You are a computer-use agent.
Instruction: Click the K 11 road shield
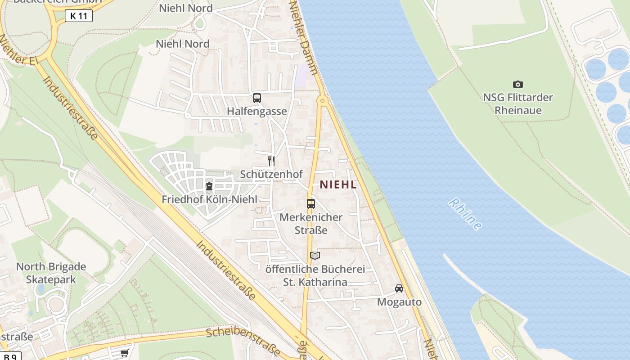tap(79, 16)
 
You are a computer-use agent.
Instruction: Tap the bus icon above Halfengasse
tap(257, 98)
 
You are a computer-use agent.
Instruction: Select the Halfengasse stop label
tap(256, 111)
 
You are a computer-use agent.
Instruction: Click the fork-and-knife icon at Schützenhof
tap(271, 161)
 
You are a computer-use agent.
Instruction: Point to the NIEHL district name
tap(338, 184)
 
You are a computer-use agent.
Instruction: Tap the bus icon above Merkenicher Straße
tap(310, 203)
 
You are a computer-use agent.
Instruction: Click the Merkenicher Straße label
tap(311, 224)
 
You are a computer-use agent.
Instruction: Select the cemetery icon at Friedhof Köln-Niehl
tap(209, 186)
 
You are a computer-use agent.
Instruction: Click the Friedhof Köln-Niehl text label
tap(209, 199)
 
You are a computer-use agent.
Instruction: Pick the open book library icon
tap(315, 256)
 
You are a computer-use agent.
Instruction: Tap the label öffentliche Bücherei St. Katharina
tap(315, 275)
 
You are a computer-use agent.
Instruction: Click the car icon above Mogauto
tap(399, 288)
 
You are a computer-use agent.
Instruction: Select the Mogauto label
tap(399, 302)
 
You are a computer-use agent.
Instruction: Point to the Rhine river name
tap(465, 214)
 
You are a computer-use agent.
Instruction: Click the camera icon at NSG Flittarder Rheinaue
tap(518, 84)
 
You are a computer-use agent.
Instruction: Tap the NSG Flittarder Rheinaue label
tap(518, 103)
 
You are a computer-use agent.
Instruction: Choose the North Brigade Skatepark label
tap(51, 273)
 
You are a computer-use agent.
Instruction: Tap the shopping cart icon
tap(124, 353)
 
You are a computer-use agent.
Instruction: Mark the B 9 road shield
tap(9, 357)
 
